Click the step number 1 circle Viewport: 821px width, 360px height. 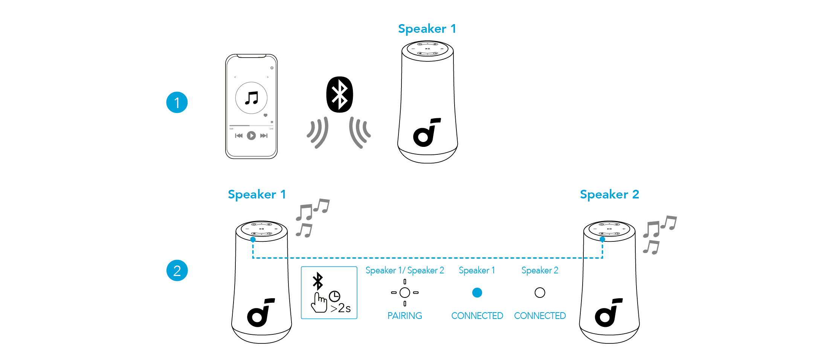[x=177, y=102]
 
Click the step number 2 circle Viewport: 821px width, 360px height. [x=177, y=270]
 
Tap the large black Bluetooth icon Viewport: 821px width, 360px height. [x=340, y=95]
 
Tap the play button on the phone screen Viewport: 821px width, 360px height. [x=251, y=136]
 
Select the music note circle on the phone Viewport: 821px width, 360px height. [x=251, y=98]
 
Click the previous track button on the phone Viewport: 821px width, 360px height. [x=239, y=136]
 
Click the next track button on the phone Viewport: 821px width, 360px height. [x=264, y=136]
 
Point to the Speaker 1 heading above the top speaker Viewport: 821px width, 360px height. [x=427, y=29]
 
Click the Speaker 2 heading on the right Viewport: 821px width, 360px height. [x=609, y=195]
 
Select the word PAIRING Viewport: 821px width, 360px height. [x=404, y=316]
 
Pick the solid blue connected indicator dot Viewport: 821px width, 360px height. [x=477, y=293]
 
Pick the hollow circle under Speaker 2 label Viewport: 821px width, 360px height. [x=540, y=293]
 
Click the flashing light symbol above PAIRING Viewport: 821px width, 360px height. [x=405, y=293]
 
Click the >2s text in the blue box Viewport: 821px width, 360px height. [x=340, y=308]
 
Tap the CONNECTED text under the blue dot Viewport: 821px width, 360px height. [x=477, y=316]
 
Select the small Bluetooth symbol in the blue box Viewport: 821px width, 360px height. [x=318, y=281]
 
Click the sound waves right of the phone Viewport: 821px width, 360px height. [x=317, y=132]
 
